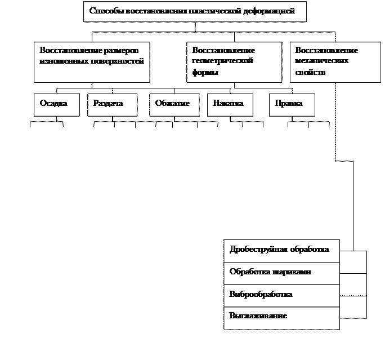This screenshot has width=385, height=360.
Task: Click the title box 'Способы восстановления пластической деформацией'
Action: [195, 11]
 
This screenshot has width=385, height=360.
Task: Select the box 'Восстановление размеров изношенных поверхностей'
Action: [92, 62]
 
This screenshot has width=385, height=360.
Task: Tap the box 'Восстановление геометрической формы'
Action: [234, 62]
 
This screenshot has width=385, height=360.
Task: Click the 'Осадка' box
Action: [56, 105]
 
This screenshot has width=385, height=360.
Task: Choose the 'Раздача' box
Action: [112, 105]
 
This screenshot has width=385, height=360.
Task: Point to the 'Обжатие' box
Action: [174, 105]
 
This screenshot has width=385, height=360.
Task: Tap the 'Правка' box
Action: [292, 105]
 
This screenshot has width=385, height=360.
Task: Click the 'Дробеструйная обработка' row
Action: [281, 250]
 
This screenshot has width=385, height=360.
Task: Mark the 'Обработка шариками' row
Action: [281, 273]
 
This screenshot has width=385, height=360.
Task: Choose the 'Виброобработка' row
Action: [281, 295]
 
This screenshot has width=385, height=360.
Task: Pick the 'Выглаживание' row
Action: [281, 317]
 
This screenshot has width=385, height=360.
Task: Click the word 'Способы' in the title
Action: [103, 11]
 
